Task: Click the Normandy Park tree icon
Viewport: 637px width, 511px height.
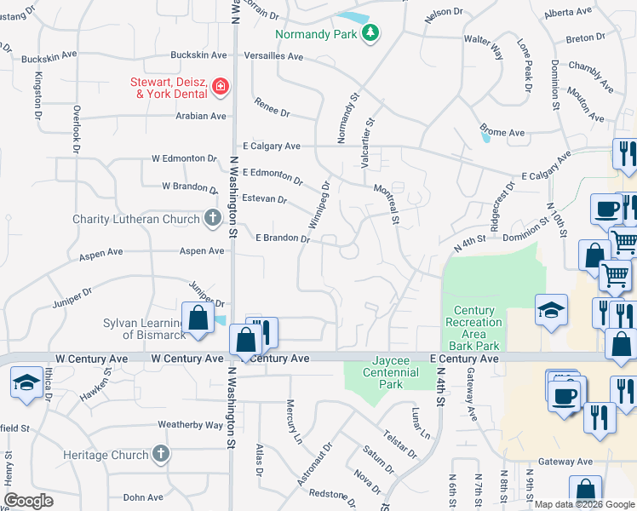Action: [370, 33]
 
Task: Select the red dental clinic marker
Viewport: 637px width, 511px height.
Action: [221, 86]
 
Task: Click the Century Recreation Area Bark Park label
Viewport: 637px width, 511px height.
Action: [477, 328]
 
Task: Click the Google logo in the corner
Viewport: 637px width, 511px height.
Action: [29, 501]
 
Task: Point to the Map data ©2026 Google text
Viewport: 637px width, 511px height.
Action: [583, 504]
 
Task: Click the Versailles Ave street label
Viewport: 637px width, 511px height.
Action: [273, 56]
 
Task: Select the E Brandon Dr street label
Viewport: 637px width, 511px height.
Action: [283, 239]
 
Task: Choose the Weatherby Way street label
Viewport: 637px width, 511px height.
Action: [190, 424]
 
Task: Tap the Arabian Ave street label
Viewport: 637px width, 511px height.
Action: [201, 116]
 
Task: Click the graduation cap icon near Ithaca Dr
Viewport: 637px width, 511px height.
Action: [26, 383]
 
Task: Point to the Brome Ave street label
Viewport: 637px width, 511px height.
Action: [504, 133]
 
